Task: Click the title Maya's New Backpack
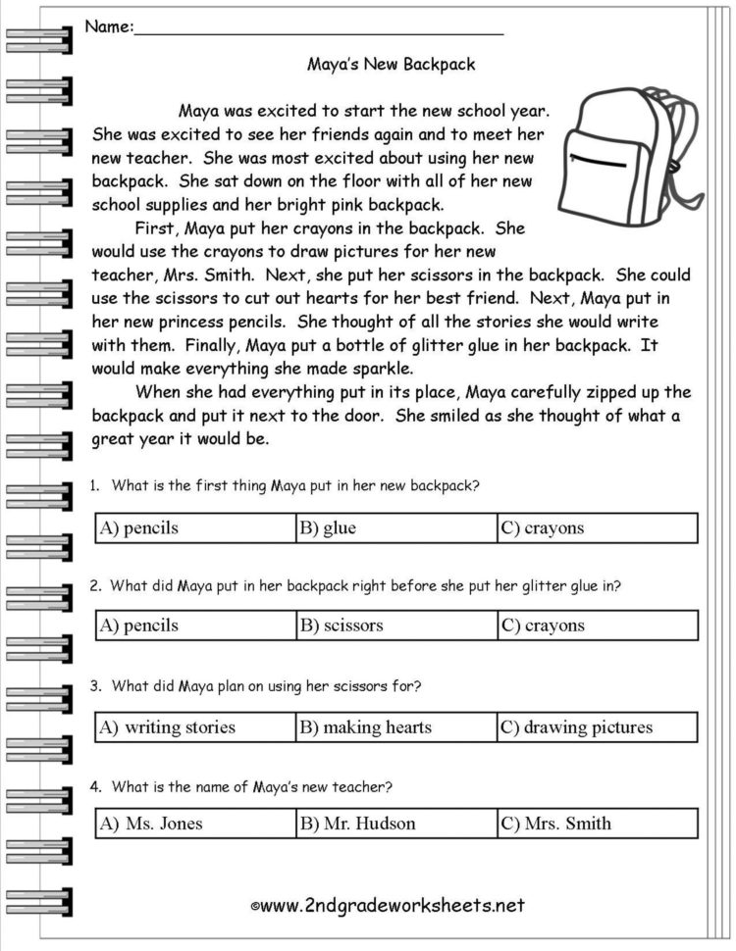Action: pyautogui.click(x=391, y=65)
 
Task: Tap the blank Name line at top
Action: pyautogui.click(x=319, y=29)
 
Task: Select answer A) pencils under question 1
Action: pyautogui.click(x=195, y=527)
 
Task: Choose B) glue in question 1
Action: pyautogui.click(x=395, y=527)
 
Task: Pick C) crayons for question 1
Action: pyautogui.click(x=597, y=527)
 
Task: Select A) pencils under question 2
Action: pyautogui.click(x=195, y=625)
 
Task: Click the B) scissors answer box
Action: pyautogui.click(x=395, y=625)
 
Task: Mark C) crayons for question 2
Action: pyautogui.click(x=597, y=625)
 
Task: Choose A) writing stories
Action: pyautogui.click(x=195, y=726)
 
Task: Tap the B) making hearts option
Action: pyautogui.click(x=395, y=726)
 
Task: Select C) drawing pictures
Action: pyautogui.click(x=597, y=726)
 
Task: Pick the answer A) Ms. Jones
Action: pyautogui.click(x=195, y=824)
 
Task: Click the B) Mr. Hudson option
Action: pyautogui.click(x=395, y=824)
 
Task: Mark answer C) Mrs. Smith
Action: pyautogui.click(x=597, y=824)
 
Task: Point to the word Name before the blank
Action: pyautogui.click(x=107, y=26)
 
